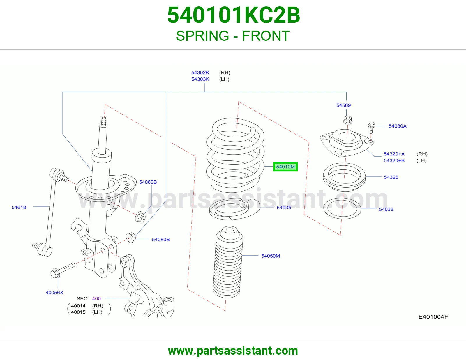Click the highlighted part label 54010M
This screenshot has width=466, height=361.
pyautogui.click(x=285, y=167)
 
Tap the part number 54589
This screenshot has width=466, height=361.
pyautogui.click(x=343, y=105)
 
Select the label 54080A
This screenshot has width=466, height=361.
pyautogui.click(x=398, y=126)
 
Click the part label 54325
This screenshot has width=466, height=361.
pyautogui.click(x=391, y=177)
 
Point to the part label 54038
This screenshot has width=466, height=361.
pyautogui.click(x=386, y=209)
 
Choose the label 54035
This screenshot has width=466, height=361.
pyautogui.click(x=284, y=208)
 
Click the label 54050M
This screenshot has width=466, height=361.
pyautogui.click(x=270, y=256)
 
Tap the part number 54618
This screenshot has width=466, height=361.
pyautogui.click(x=19, y=207)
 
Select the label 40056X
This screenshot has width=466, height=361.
pyautogui.click(x=54, y=293)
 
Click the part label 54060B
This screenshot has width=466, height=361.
pyautogui.click(x=148, y=182)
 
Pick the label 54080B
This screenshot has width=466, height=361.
pyautogui.click(x=161, y=239)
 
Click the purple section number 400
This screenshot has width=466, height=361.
pyautogui.click(x=96, y=299)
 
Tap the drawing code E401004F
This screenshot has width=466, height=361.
pyautogui.click(x=433, y=317)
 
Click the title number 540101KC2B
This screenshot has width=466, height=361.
pyautogui.click(x=234, y=15)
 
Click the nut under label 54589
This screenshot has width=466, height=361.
pyautogui.click(x=348, y=120)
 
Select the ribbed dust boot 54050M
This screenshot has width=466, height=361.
pyautogui.click(x=228, y=262)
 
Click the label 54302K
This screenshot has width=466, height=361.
pyautogui.click(x=200, y=73)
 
